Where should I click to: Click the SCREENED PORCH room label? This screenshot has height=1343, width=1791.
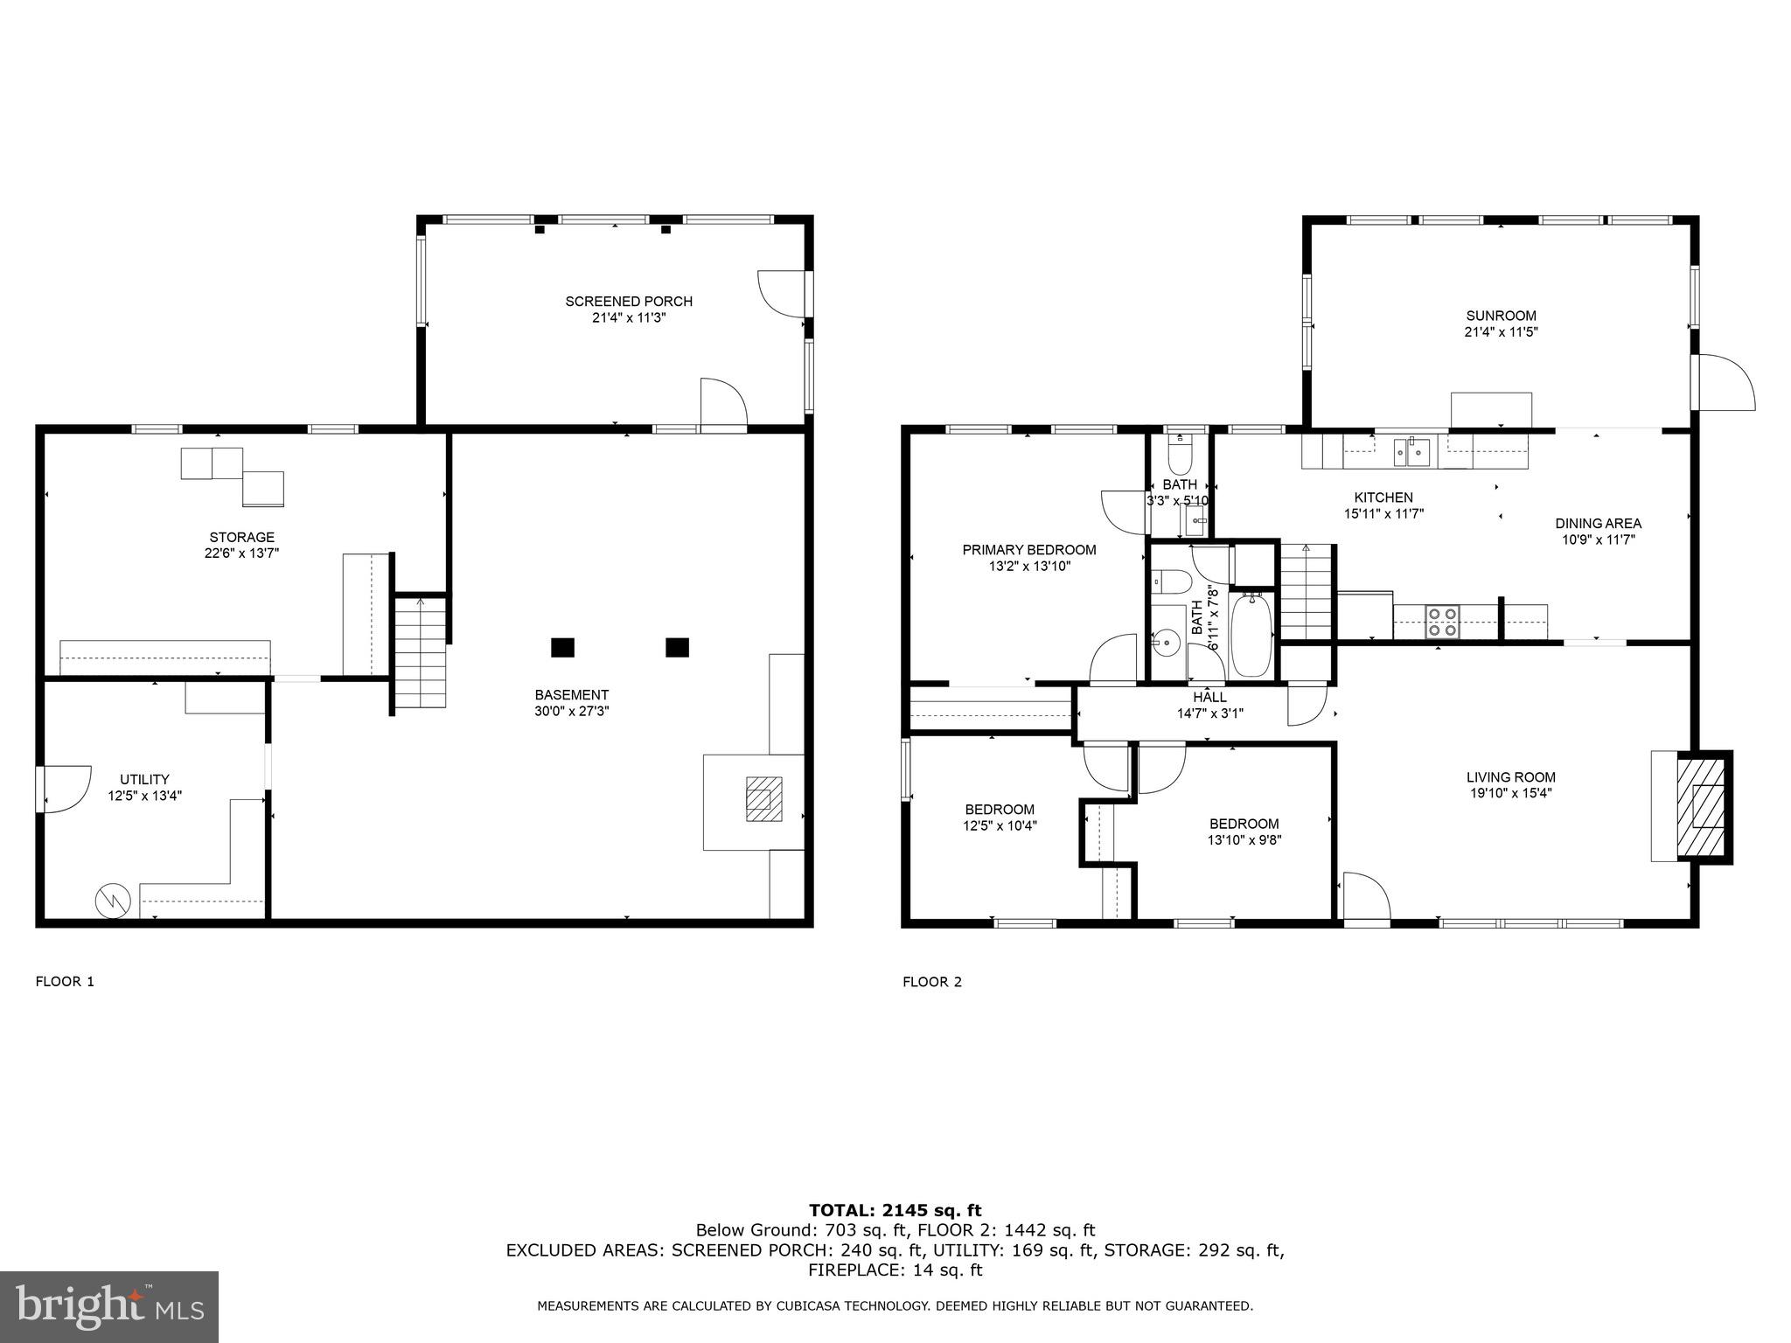pyautogui.click(x=629, y=302)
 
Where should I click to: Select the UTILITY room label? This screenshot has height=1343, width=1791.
pyautogui.click(x=144, y=779)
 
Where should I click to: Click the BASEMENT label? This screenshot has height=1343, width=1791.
pyautogui.click(x=571, y=695)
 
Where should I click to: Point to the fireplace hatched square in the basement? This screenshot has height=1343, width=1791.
pyautogui.click(x=763, y=798)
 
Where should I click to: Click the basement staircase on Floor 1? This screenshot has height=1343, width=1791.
pyautogui.click(x=421, y=651)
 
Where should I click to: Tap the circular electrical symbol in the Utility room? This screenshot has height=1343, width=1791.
pyautogui.click(x=114, y=900)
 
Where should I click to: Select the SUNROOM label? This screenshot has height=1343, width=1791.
pyautogui.click(x=1501, y=316)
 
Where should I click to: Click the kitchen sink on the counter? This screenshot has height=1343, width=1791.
pyautogui.click(x=1411, y=451)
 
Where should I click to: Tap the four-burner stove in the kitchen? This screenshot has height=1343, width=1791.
pyautogui.click(x=1442, y=621)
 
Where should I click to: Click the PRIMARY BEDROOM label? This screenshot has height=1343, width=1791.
pyautogui.click(x=1028, y=550)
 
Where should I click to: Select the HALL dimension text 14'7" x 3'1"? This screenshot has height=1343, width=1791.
pyautogui.click(x=1209, y=713)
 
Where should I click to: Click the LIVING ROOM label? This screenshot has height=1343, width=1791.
pyautogui.click(x=1510, y=776)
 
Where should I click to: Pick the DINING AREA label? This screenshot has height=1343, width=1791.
pyautogui.click(x=1598, y=524)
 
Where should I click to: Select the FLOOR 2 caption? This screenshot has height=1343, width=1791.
pyautogui.click(x=931, y=982)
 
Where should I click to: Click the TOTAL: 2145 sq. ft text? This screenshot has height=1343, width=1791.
pyautogui.click(x=895, y=1210)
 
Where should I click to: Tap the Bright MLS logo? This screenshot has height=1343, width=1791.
pyautogui.click(x=109, y=1306)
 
